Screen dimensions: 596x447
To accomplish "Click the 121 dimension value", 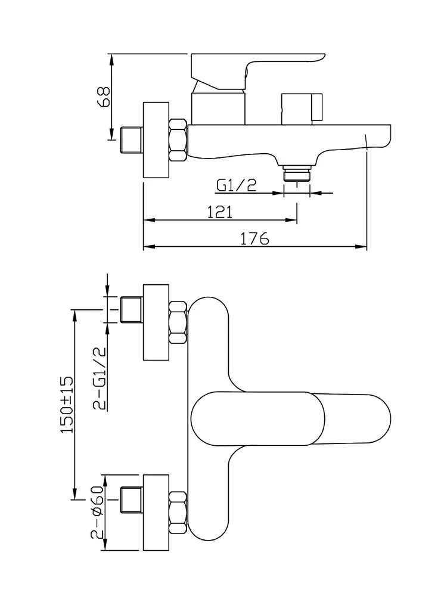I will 220,212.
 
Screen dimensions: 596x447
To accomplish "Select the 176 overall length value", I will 255,238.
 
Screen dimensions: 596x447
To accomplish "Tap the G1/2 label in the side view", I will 237,185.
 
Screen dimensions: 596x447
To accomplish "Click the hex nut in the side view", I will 178,141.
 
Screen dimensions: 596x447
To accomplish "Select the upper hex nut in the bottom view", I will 178,323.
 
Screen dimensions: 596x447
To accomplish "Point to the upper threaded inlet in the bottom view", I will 131,310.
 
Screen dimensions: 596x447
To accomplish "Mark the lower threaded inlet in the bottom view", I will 131,499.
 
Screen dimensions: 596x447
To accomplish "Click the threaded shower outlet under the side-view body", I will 297,173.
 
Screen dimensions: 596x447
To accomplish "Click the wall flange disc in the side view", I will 157,141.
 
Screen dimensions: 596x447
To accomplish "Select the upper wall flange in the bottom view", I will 157,322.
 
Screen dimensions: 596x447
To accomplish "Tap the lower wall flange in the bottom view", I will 157,512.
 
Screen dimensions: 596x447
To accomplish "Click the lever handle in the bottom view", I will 291,419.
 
